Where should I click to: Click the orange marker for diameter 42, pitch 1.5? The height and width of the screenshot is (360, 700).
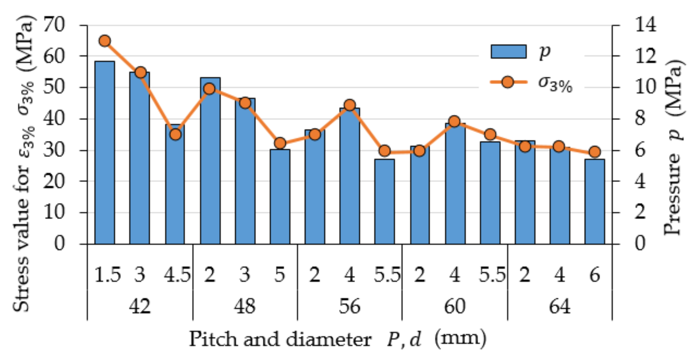(105, 41)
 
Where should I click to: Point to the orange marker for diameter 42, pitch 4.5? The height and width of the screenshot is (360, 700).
(176, 135)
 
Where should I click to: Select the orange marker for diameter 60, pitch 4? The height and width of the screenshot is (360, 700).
(454, 122)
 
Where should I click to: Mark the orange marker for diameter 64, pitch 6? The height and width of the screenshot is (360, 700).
(594, 152)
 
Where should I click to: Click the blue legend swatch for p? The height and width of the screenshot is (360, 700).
(508, 52)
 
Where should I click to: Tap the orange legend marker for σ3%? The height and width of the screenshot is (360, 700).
(508, 82)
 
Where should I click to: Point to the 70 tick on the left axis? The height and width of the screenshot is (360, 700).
(54, 25)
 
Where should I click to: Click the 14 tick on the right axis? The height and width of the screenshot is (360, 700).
(646, 25)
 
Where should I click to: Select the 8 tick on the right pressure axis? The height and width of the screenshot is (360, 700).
(640, 119)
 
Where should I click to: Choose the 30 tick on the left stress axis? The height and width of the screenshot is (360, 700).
(54, 150)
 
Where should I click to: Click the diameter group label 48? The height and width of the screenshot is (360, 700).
(245, 306)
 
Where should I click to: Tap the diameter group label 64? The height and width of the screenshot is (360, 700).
(559, 306)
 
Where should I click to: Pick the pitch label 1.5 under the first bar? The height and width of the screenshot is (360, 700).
(107, 275)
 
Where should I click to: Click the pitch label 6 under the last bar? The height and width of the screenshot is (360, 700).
(594, 275)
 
